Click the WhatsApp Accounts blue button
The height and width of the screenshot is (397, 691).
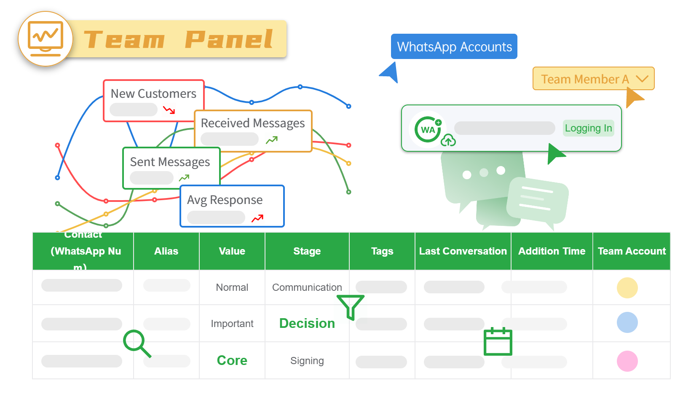point(454,46)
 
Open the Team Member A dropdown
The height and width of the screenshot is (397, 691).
point(593,79)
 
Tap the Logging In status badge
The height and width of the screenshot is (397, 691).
point(588,128)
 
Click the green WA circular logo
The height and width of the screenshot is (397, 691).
point(428,129)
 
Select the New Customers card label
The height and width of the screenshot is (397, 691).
point(153,94)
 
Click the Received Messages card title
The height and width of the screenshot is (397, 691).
point(252,123)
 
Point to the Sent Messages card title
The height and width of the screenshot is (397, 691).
point(170,162)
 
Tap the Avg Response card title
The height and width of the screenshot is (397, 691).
point(225,200)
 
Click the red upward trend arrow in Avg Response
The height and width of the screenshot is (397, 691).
point(257,218)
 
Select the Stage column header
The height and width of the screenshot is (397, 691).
point(307,251)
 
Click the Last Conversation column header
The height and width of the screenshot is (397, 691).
point(463,251)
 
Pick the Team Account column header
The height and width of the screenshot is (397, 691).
point(631,251)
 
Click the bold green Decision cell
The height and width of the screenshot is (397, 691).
point(307,323)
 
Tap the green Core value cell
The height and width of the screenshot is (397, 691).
point(232,360)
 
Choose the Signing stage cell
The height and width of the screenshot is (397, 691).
point(307,361)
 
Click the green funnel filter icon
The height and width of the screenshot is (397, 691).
point(350,306)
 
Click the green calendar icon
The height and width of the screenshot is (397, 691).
point(498,342)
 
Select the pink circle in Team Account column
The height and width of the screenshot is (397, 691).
point(627,361)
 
